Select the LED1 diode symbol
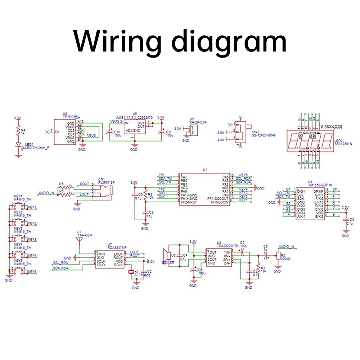click(x=18, y=145)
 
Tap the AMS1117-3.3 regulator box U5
click(x=134, y=127)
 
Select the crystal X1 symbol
click(x=132, y=273)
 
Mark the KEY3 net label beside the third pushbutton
click(x=32, y=239)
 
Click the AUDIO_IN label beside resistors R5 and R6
click(x=46, y=193)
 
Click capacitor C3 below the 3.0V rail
click(x=345, y=220)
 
